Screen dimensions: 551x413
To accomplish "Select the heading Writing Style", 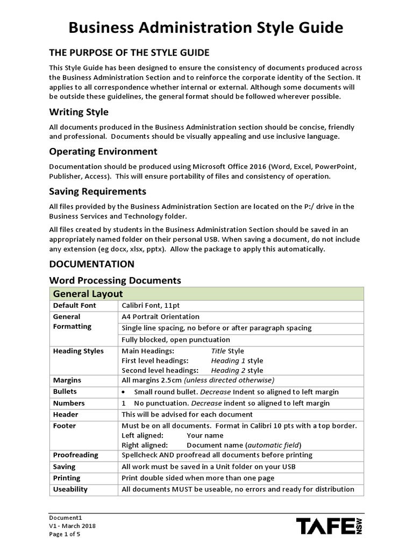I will click(x=79, y=112).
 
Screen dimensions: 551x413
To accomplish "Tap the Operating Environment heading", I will click(x=103, y=151).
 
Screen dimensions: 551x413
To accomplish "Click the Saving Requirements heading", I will click(x=97, y=191).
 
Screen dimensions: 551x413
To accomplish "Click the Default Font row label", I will click(x=74, y=306).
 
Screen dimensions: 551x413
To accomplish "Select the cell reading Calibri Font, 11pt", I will click(x=151, y=306).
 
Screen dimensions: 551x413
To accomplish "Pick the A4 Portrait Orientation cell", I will click(x=160, y=317).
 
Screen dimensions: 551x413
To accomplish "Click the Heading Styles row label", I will click(x=78, y=351).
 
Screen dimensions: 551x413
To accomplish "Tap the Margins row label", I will click(x=67, y=380).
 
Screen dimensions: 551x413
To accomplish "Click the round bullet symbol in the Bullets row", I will click(x=124, y=392).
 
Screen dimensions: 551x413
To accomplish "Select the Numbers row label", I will click(x=68, y=403).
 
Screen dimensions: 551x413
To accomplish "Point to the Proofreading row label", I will click(x=75, y=455).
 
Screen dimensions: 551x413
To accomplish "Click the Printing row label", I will click(x=67, y=478).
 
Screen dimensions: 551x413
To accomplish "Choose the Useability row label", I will click(x=70, y=489).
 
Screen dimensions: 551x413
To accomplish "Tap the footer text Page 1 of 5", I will click(x=63, y=535).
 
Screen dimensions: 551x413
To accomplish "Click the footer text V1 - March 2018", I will click(x=72, y=526).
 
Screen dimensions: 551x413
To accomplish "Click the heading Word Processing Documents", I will click(x=115, y=280).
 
